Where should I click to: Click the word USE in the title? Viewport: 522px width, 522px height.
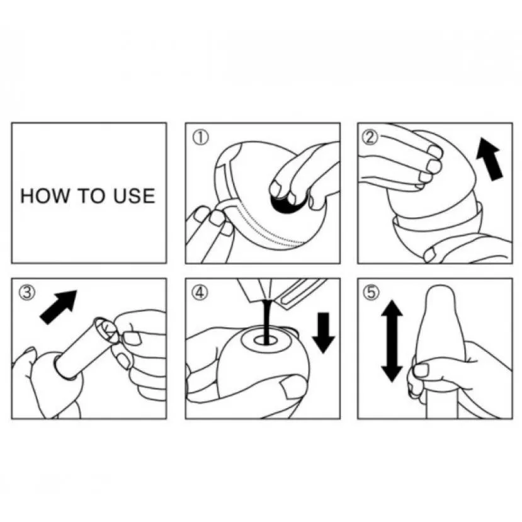point(134,196)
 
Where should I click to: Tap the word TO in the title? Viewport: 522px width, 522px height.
point(91,196)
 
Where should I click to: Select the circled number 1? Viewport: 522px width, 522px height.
point(201,137)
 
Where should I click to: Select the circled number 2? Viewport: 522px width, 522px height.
point(370,137)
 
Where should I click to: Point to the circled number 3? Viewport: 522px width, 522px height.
point(27,293)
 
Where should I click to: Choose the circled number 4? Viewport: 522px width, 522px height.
point(200,293)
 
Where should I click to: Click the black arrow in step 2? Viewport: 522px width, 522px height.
point(489,160)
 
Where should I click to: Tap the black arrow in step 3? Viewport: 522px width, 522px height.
point(58,307)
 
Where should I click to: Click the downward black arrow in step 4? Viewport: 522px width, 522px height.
point(324,333)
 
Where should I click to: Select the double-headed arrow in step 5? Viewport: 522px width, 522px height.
point(392,341)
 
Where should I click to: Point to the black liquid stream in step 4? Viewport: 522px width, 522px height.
point(267,321)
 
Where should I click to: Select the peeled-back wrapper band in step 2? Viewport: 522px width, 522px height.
point(436,220)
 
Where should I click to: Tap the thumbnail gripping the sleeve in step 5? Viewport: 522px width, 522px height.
point(420,370)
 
